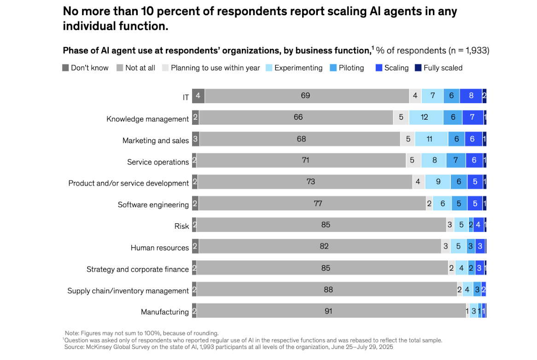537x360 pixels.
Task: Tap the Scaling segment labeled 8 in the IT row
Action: click(471, 96)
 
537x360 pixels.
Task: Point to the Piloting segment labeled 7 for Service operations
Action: click(455, 160)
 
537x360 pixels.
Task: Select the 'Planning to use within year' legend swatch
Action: click(165, 68)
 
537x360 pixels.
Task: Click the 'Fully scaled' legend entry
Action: click(443, 68)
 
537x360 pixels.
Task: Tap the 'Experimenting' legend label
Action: click(298, 68)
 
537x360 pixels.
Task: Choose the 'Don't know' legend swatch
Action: click(65, 68)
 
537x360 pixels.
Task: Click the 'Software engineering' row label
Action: click(153, 205)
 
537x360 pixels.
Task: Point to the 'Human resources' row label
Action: click(160, 248)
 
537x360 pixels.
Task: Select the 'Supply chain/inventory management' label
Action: click(128, 291)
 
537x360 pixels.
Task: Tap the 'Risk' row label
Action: click(181, 226)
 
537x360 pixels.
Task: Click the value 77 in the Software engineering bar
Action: click(318, 203)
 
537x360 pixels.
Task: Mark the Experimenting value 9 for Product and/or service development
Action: click(438, 182)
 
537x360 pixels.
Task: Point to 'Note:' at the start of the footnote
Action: click(72, 333)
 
